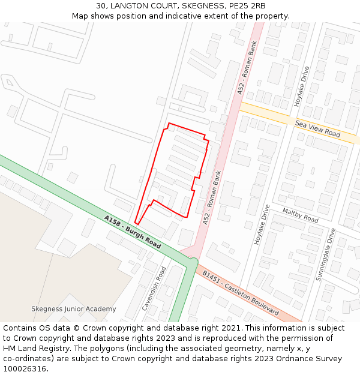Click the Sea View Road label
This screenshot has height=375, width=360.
tap(317, 128)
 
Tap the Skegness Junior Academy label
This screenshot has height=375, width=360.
tap(74, 309)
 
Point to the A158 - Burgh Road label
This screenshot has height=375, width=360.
tap(133, 232)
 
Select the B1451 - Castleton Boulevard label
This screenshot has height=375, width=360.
tap(240, 293)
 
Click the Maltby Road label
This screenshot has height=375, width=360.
tap(300, 215)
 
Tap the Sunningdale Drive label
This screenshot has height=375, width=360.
tap(324, 254)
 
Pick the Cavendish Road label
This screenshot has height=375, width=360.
tap(153, 288)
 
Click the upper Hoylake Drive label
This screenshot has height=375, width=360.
tap(301, 86)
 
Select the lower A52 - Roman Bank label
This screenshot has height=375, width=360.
tap(213, 198)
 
